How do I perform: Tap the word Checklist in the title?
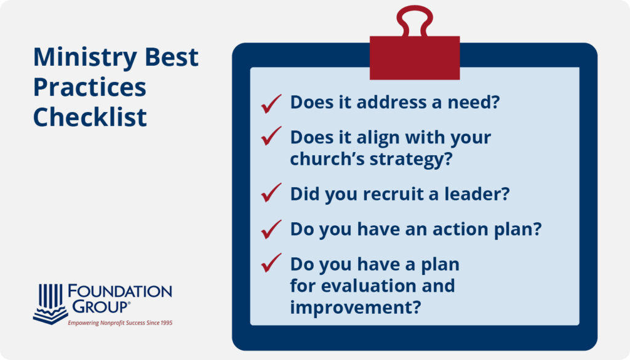point(90,117)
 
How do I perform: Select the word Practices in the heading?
point(89,87)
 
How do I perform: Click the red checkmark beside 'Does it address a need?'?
point(271,103)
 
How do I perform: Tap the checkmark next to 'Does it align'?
point(271,137)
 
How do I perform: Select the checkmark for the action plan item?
point(271,230)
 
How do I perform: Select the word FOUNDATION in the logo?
point(120,291)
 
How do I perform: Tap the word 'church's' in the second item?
point(327,159)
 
